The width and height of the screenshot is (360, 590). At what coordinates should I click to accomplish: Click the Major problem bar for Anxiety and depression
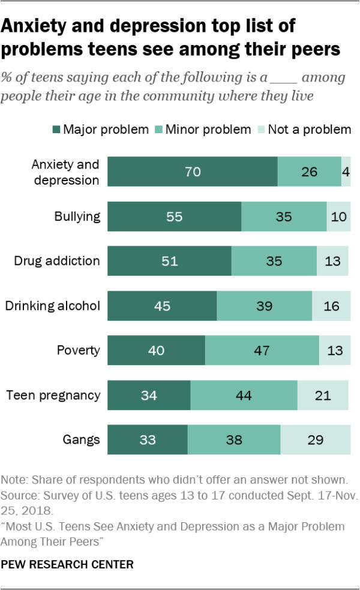click(193, 171)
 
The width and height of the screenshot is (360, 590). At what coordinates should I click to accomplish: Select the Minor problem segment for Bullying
click(284, 216)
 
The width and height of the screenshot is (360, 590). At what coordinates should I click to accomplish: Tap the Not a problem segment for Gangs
click(316, 440)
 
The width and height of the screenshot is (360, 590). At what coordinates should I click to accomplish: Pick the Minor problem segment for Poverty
click(262, 351)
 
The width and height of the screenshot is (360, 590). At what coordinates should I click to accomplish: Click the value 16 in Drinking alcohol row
click(331, 306)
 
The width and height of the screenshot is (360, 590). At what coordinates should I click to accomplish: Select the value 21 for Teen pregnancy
click(323, 395)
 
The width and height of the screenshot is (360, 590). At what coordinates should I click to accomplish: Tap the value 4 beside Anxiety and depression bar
click(346, 171)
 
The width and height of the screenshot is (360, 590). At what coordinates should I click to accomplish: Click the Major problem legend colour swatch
click(56, 130)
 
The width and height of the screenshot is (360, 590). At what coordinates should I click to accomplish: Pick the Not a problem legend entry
click(308, 130)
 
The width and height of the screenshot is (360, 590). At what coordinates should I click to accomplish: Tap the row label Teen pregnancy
click(53, 395)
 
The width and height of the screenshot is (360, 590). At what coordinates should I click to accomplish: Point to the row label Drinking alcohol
click(52, 306)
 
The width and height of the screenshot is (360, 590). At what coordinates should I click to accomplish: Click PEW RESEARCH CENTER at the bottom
click(67, 565)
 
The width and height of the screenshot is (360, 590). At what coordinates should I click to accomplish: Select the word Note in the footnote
click(14, 480)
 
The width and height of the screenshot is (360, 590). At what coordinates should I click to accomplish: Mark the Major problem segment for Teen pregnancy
click(149, 395)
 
